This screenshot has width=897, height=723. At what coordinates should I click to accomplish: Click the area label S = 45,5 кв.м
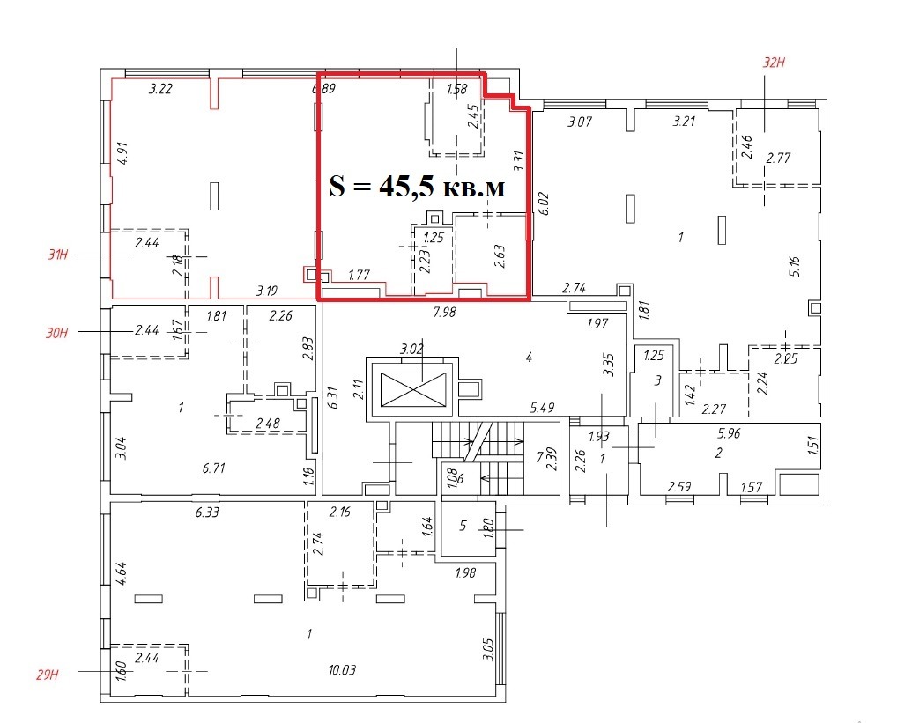pyautogui.click(x=418, y=186)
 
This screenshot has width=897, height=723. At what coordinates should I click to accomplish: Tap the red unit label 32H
pyautogui.click(x=774, y=63)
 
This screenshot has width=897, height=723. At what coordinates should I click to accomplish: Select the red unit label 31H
pyautogui.click(x=57, y=255)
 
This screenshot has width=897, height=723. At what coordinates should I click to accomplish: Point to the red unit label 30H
pyautogui.click(x=56, y=332)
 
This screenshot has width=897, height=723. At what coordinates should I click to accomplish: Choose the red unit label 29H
pyautogui.click(x=48, y=675)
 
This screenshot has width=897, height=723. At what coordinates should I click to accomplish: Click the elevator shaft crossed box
pyautogui.click(x=412, y=389)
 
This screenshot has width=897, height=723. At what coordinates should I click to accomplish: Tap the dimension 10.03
pyautogui.click(x=342, y=669)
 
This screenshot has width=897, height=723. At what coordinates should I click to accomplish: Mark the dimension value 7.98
pyautogui.click(x=444, y=312)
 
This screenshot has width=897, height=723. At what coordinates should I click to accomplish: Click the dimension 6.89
pyautogui.click(x=323, y=89)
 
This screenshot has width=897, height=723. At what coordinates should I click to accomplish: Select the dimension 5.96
pyautogui.click(x=729, y=433)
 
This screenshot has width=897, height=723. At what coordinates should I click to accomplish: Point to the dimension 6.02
pyautogui.click(x=544, y=203)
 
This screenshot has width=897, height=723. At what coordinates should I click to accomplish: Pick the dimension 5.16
pyautogui.click(x=794, y=267)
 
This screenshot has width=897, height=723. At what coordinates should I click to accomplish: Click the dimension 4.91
pyautogui.click(x=122, y=153)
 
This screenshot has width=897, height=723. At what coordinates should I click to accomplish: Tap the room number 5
pyautogui.click(x=463, y=525)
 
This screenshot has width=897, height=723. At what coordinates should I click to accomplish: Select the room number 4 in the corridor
pyautogui.click(x=530, y=358)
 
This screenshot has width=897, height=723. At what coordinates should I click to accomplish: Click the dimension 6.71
pyautogui.click(x=213, y=468)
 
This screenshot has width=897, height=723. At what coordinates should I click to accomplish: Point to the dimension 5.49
pyautogui.click(x=542, y=408)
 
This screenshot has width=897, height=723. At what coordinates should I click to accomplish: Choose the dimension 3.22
pyautogui.click(x=160, y=89)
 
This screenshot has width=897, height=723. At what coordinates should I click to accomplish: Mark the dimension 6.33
pyautogui.click(x=207, y=513)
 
